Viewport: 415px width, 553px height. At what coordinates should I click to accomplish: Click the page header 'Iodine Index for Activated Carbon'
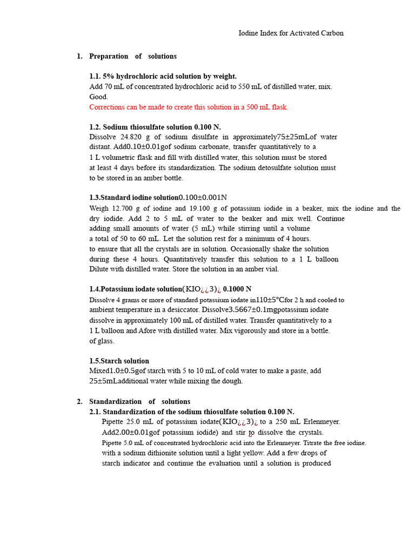(x=291, y=33)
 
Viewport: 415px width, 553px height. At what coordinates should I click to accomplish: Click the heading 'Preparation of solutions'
(x=132, y=56)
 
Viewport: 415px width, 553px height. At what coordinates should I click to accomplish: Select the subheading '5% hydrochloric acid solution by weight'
(x=163, y=76)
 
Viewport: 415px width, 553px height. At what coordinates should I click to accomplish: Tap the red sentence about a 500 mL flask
(x=189, y=107)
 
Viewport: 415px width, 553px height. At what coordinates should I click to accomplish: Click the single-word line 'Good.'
(x=98, y=97)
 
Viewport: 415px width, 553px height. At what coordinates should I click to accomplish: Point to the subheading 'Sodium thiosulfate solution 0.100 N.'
(x=155, y=127)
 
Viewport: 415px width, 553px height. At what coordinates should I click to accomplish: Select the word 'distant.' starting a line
(x=100, y=147)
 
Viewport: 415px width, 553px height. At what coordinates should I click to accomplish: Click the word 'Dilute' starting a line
(x=99, y=269)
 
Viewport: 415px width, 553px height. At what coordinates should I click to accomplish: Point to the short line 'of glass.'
(x=102, y=341)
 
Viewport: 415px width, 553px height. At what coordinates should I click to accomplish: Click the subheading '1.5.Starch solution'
(x=119, y=361)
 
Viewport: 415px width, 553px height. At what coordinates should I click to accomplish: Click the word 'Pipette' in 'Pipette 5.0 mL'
(x=112, y=443)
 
